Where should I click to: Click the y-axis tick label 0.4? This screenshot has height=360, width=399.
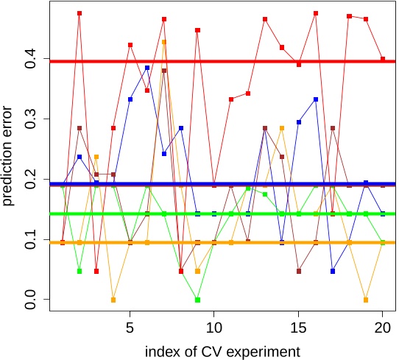[x=31, y=59]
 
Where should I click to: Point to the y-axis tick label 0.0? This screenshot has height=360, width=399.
[x=31, y=299]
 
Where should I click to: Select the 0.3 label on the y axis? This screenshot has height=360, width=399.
[x=31, y=119]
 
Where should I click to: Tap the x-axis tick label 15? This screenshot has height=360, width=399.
[x=298, y=325]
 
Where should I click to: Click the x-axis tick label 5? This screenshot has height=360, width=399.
[x=130, y=325]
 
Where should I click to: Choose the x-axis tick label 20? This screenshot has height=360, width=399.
[x=382, y=325]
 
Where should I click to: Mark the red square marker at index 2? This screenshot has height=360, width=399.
[x=80, y=13]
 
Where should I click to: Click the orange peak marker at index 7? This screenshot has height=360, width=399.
[x=164, y=42]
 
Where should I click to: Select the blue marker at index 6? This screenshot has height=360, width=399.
[x=147, y=68]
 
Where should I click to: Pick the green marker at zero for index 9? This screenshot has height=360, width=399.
[x=197, y=300]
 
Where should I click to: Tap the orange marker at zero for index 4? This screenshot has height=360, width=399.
[x=113, y=300]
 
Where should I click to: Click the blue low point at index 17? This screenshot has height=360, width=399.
[x=333, y=271]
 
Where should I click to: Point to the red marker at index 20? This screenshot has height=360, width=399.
[x=383, y=59]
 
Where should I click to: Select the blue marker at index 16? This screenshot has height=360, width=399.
[x=316, y=99]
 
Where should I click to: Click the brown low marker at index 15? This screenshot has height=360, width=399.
[x=299, y=271]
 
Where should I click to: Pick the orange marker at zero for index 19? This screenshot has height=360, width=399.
[x=366, y=300]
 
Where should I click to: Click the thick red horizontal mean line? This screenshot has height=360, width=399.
[x=221, y=61]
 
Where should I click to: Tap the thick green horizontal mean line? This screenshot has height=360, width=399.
[x=221, y=214]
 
